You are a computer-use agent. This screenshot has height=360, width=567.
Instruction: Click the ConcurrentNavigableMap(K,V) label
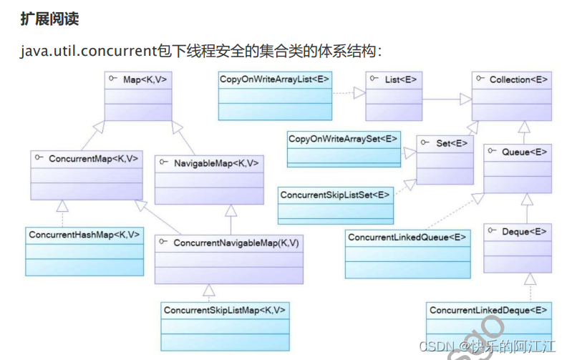[236, 243]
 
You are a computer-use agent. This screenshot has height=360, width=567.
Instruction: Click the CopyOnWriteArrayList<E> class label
[275, 79]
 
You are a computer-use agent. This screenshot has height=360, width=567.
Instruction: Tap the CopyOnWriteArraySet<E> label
[343, 137]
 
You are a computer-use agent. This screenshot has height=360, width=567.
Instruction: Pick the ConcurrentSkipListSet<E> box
[335, 194]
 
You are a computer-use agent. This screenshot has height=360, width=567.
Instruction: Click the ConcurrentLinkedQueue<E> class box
[407, 253]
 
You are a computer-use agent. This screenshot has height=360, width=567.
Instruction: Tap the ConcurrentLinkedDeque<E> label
[489, 310]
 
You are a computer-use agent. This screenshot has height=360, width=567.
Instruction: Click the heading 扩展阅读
[49, 20]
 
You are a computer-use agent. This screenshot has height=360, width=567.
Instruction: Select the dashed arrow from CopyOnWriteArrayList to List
[349, 92]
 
